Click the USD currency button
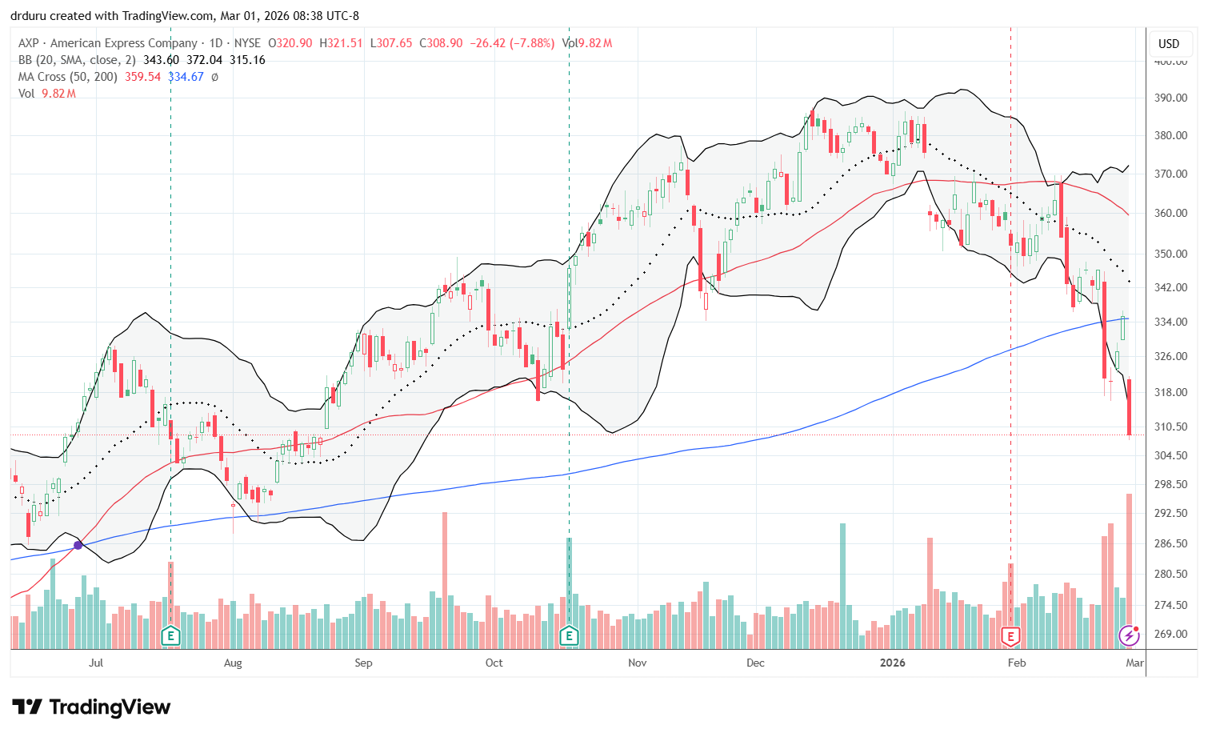point(1169,44)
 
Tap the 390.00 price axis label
point(1169,98)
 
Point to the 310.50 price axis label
point(1169,427)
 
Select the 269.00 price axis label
point(1169,634)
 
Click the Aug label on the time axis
point(233,663)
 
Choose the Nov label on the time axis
point(638,663)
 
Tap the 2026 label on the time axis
point(892,663)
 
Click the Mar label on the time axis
point(1134,663)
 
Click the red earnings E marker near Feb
point(1011,636)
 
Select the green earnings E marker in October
point(569,636)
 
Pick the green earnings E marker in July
point(170,636)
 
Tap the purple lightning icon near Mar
point(1129,635)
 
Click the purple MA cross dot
point(78,545)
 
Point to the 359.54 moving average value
point(143,77)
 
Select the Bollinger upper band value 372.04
point(205,60)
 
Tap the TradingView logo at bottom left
point(91,707)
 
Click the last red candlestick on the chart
point(1129,408)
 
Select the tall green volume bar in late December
point(842,584)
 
